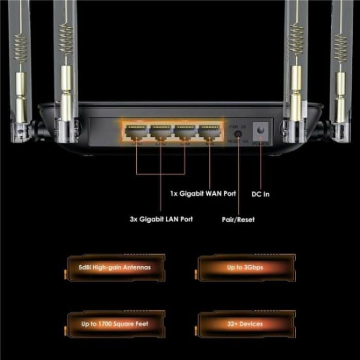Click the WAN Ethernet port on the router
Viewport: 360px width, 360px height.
coord(209,133)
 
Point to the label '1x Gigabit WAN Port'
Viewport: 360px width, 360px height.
coord(203,194)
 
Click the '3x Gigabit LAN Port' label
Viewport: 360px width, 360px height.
coord(161,219)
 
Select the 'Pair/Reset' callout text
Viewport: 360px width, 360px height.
coord(238,220)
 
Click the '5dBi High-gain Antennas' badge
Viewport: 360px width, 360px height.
coord(114,267)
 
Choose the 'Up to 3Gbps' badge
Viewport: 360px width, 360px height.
coord(245,267)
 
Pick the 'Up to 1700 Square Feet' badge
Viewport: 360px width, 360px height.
coord(114,324)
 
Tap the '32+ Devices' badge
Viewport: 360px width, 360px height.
coord(245,324)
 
